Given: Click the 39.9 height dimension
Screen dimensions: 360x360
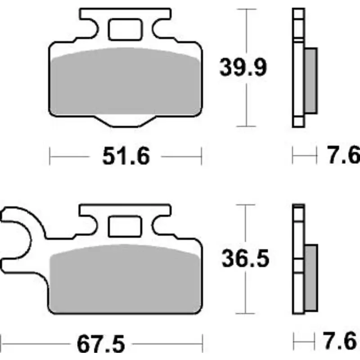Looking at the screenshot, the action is click(x=243, y=67).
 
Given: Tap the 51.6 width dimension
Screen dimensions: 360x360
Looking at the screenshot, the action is click(x=126, y=156).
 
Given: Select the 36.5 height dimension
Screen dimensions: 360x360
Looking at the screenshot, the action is click(x=245, y=258).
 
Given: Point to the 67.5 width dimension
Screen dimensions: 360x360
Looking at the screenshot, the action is click(x=101, y=344).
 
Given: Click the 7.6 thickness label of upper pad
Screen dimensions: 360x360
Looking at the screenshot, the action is click(x=343, y=155).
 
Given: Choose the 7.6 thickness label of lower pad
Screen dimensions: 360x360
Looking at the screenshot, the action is click(x=340, y=341).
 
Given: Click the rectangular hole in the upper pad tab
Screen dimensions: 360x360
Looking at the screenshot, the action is click(x=125, y=30).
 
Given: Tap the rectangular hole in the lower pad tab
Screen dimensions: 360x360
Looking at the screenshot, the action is click(x=125, y=226).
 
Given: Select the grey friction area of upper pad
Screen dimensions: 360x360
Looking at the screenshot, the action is click(x=125, y=82).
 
